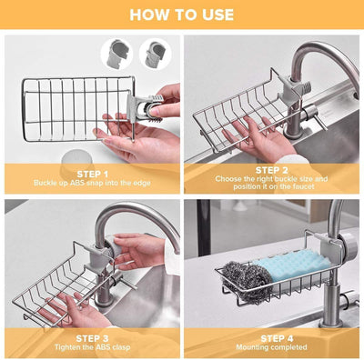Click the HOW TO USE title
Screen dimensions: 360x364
(181, 15)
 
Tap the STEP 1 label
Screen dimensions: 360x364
(92, 173)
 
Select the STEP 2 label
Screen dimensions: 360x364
(272, 170)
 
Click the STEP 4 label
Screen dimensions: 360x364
(272, 337)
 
